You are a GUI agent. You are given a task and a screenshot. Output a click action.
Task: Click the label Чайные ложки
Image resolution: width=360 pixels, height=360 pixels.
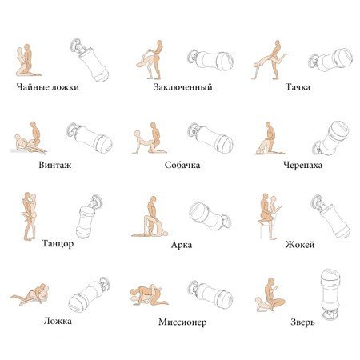click(48, 87)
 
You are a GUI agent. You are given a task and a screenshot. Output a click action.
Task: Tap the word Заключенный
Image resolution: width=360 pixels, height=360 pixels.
click(183, 87)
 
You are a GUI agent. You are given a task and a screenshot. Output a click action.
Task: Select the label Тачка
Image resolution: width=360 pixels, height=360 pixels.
click(298, 87)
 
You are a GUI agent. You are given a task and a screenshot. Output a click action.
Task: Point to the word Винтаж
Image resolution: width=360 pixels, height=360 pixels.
click(55, 165)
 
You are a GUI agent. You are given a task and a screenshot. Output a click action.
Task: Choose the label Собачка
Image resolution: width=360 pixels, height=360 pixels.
click(182, 165)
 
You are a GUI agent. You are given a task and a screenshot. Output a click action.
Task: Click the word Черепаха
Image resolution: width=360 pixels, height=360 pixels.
click(302, 165)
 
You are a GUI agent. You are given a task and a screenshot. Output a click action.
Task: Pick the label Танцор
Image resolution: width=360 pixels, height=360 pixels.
click(58, 243)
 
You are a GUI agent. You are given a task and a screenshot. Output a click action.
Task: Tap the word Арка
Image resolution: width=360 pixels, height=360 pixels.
click(182, 245)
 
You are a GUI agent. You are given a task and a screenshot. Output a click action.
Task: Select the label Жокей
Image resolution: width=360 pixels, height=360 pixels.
click(300, 245)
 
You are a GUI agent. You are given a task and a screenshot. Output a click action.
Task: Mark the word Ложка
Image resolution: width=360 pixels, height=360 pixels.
click(58, 321)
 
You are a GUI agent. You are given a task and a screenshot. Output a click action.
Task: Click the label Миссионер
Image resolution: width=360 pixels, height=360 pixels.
click(182, 322)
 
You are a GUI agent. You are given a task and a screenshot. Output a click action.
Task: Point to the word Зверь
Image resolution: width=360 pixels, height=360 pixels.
click(302, 322)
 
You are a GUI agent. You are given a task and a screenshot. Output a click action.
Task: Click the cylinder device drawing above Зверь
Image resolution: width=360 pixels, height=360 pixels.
click(330, 294)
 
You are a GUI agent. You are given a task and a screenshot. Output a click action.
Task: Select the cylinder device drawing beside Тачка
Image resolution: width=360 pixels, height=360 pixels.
click(331, 61)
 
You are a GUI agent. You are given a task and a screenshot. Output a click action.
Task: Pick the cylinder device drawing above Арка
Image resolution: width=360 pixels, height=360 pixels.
click(210, 216)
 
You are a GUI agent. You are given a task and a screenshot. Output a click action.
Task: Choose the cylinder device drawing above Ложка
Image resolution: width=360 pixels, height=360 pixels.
click(90, 294)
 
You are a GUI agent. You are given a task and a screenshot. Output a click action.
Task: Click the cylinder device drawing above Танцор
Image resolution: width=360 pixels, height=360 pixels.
click(89, 216)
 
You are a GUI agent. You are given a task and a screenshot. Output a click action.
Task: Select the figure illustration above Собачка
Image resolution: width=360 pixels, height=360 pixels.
click(149, 138)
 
